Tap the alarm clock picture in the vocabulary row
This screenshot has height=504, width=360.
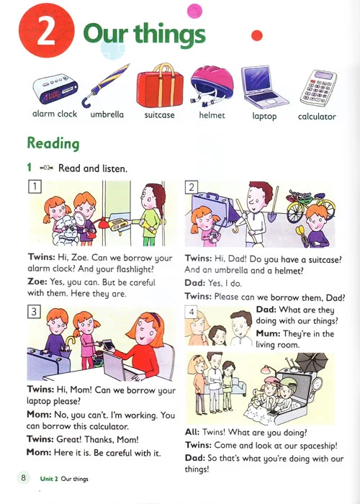pyautogui.click(x=55, y=89)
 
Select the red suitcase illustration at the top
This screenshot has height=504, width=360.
pyautogui.click(x=160, y=86)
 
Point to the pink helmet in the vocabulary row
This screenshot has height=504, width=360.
pyautogui.click(x=212, y=86)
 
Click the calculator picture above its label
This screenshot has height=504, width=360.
pyautogui.click(x=318, y=88)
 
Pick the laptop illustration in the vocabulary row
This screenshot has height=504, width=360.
pyautogui.click(x=264, y=87)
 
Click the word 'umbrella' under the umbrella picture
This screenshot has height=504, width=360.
pyautogui.click(x=107, y=114)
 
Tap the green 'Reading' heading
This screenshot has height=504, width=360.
pyautogui.click(x=53, y=143)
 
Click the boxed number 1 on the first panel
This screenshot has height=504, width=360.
pyautogui.click(x=35, y=186)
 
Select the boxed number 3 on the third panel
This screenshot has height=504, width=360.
pyautogui.click(x=34, y=312)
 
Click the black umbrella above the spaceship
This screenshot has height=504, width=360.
pyautogui.click(x=312, y=362)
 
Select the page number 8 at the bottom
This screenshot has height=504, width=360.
pyautogui.click(x=23, y=477)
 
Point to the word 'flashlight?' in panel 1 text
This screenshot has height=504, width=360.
pyautogui.click(x=135, y=269)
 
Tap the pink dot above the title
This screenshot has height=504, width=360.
pyautogui.click(x=194, y=11)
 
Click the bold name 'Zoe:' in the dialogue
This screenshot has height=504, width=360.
pyautogui.click(x=37, y=282)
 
